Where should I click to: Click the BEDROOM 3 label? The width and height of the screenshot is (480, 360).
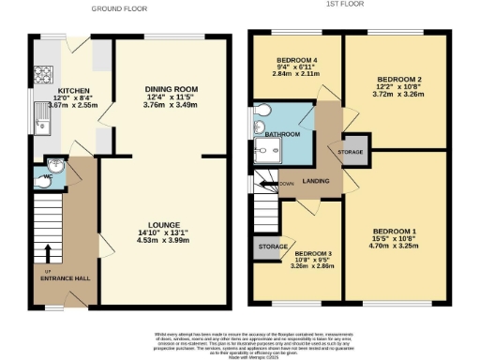(313, 254)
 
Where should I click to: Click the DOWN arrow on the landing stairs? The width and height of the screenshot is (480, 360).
(282, 184)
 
